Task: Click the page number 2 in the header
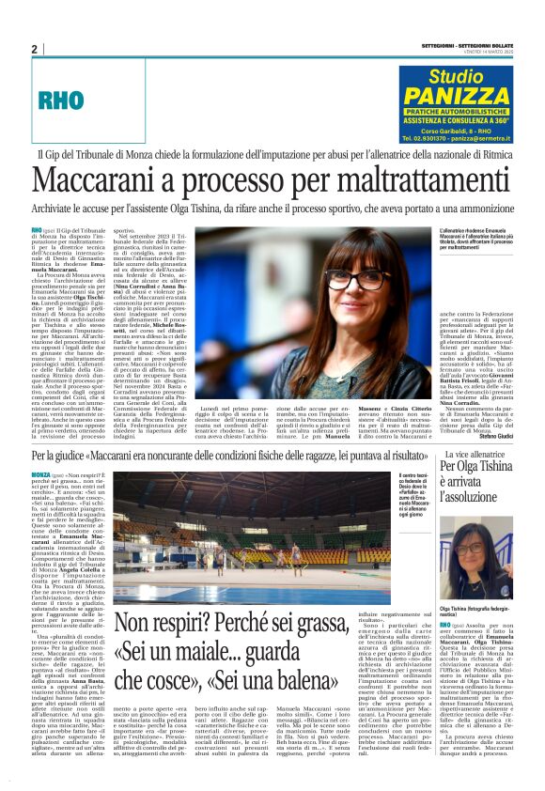click(34, 49)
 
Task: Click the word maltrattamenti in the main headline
click(395, 178)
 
